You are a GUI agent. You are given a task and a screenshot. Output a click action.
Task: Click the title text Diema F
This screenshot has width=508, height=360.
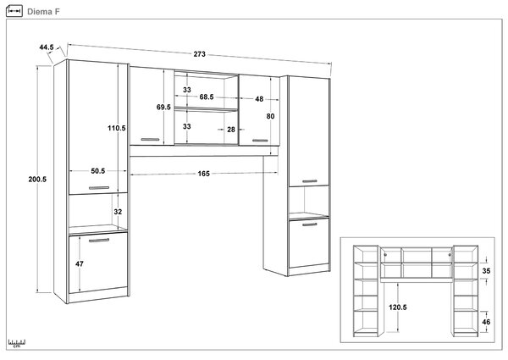[43, 12]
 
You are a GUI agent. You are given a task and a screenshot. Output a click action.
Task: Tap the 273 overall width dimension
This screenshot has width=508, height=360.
[200, 54]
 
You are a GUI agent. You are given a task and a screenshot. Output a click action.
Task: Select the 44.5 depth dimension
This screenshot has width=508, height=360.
[47, 47]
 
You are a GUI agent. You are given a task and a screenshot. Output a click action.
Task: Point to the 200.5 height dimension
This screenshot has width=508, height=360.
[37, 180]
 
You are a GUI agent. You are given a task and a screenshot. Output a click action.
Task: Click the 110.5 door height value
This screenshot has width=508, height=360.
[117, 128]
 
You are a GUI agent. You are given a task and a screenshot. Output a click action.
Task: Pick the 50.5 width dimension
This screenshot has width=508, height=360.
[98, 171]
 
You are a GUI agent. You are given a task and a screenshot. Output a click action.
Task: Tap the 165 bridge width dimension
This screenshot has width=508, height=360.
[204, 174]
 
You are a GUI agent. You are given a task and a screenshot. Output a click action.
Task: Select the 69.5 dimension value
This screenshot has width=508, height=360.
[163, 107]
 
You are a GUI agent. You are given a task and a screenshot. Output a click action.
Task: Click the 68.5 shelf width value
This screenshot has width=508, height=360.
[207, 97]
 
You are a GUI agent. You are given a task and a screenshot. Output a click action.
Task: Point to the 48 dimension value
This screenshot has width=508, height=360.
[259, 99]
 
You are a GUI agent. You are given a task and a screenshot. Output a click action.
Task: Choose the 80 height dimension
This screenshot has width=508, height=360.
[271, 116]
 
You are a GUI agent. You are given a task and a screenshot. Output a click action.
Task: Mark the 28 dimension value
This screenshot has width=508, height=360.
[231, 130]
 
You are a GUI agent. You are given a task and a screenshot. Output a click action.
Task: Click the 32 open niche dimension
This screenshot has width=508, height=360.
[118, 212]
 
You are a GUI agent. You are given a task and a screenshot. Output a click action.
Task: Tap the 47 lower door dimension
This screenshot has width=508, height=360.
[80, 264]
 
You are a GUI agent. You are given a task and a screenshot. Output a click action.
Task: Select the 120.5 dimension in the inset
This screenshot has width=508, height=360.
[398, 307]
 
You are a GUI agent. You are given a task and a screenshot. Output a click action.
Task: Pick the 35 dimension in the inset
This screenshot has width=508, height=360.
[486, 271]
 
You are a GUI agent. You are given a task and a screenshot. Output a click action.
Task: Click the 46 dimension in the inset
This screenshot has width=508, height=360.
[486, 322]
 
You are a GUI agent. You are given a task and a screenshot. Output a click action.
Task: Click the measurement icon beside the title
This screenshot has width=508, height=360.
[14, 11]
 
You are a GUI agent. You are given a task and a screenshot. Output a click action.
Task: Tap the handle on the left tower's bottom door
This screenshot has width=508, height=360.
[99, 240]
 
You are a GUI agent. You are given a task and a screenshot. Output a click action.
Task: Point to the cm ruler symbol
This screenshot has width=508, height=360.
[17, 343]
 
